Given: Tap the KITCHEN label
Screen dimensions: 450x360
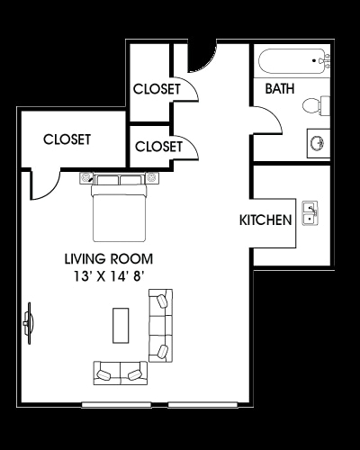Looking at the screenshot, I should (265, 220).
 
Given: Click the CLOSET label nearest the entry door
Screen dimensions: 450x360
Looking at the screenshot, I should (157, 89).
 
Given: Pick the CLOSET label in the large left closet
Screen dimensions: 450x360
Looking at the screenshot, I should (67, 139).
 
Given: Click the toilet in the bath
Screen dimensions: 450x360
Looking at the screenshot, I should (311, 105).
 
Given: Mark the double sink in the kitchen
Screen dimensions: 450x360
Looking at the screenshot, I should (309, 213).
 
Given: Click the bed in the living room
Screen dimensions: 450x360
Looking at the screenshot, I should (120, 203).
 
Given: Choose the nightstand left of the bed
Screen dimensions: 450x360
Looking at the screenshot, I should (87, 177).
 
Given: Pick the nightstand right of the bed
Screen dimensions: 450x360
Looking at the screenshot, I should (152, 177).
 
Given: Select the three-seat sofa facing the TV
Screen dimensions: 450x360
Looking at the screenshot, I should (161, 326).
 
